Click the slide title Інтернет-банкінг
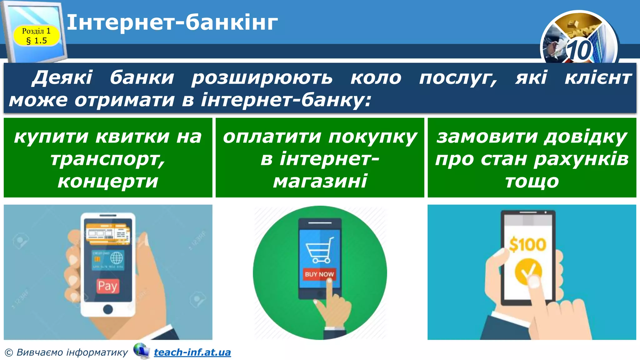pos(172,22)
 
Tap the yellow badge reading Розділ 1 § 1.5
pos(36,36)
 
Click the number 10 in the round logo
pos(579,50)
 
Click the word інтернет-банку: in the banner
pos(286,100)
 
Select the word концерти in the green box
pos(108,181)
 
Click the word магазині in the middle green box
pos(320,181)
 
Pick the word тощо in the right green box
pos(532,181)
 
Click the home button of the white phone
pos(108,309)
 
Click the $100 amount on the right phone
pos(528,244)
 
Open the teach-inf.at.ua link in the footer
pos(192,352)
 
